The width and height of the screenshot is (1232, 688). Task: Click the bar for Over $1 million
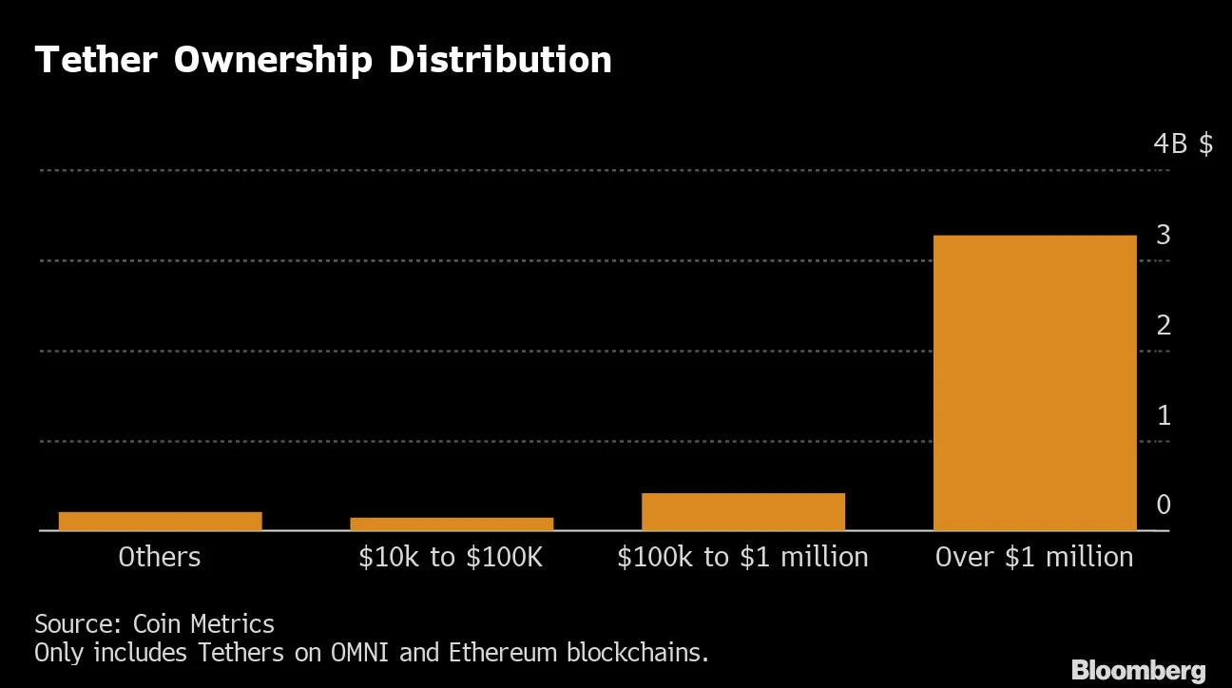1034,382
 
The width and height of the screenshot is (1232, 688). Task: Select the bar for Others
160,521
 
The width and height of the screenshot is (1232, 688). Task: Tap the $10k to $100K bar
452,524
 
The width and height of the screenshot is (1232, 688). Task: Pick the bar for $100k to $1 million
742,511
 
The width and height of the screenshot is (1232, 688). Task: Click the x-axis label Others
160,557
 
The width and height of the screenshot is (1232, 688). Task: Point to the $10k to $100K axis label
451,557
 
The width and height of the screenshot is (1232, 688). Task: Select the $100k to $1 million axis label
742,557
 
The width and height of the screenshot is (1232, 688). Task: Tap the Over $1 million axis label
1034,557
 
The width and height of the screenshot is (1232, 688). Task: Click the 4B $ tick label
1183,144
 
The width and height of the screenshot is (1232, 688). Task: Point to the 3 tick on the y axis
1164,235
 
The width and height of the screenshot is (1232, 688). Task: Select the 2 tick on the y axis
1164,325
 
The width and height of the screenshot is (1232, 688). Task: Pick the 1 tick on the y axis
1164,415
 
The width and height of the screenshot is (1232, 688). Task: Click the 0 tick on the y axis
1164,506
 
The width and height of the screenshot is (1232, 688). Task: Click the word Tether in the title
97,60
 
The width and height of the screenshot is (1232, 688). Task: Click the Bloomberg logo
1139,670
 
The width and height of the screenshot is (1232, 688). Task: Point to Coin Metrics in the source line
203,624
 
